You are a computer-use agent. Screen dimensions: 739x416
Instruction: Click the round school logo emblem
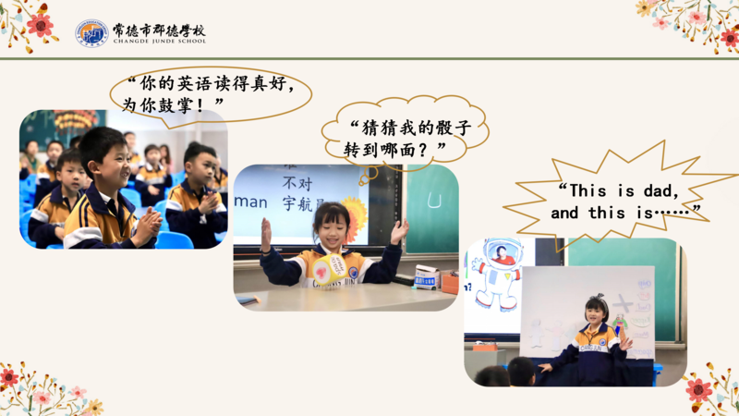pos(91,33)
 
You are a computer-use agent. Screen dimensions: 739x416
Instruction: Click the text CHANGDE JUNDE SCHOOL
pos(160,41)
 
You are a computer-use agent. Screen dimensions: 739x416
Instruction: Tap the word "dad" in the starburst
pos(661,190)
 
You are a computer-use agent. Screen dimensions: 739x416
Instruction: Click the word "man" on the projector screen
pos(250,202)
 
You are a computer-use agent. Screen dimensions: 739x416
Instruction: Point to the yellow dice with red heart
pos(330,269)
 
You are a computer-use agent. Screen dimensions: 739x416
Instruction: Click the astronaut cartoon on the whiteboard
pos(498,274)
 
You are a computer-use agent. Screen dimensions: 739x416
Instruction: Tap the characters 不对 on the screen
pos(297,183)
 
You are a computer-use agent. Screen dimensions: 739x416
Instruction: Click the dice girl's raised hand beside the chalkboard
pos(399,231)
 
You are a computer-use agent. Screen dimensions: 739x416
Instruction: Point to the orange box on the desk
pos(450,283)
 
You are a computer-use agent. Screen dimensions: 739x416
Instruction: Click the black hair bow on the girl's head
pos(598,298)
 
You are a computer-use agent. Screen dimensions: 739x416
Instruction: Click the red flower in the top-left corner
pos(40,25)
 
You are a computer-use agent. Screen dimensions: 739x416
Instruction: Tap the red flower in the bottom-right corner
pos(698,390)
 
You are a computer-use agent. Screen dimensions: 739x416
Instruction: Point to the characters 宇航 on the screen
pos(297,203)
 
